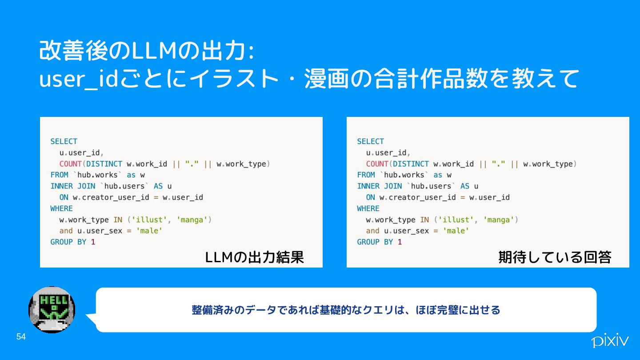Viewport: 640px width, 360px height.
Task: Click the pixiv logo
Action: click(610, 341)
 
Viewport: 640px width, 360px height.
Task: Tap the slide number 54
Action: click(21, 337)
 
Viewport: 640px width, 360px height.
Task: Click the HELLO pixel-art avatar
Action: click(52, 310)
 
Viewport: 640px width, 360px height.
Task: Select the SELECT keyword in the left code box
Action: click(64, 141)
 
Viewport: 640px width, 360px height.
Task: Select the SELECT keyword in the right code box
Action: click(370, 141)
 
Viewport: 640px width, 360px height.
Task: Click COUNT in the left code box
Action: click(70, 164)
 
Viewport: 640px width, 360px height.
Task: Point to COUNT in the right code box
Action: click(377, 164)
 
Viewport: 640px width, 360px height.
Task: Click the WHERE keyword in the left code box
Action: click(61, 208)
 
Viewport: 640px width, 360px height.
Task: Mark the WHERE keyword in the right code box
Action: click(368, 208)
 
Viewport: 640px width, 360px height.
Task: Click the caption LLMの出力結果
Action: click(254, 257)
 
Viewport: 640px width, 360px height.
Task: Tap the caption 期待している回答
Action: click(555, 257)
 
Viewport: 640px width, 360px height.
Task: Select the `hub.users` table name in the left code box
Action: click(124, 186)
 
